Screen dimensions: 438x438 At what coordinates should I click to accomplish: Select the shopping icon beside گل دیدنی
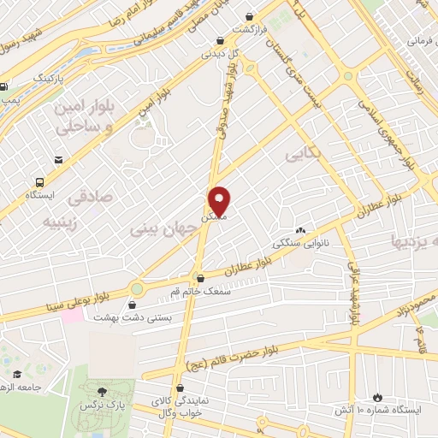coord(221,39)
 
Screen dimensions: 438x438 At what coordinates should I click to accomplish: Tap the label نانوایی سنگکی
coord(300,244)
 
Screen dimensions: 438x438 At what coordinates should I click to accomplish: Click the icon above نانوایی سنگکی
coord(300,231)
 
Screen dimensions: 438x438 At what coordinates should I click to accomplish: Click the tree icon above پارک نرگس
coord(102,390)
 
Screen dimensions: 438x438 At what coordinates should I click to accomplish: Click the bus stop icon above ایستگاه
coord(40,182)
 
